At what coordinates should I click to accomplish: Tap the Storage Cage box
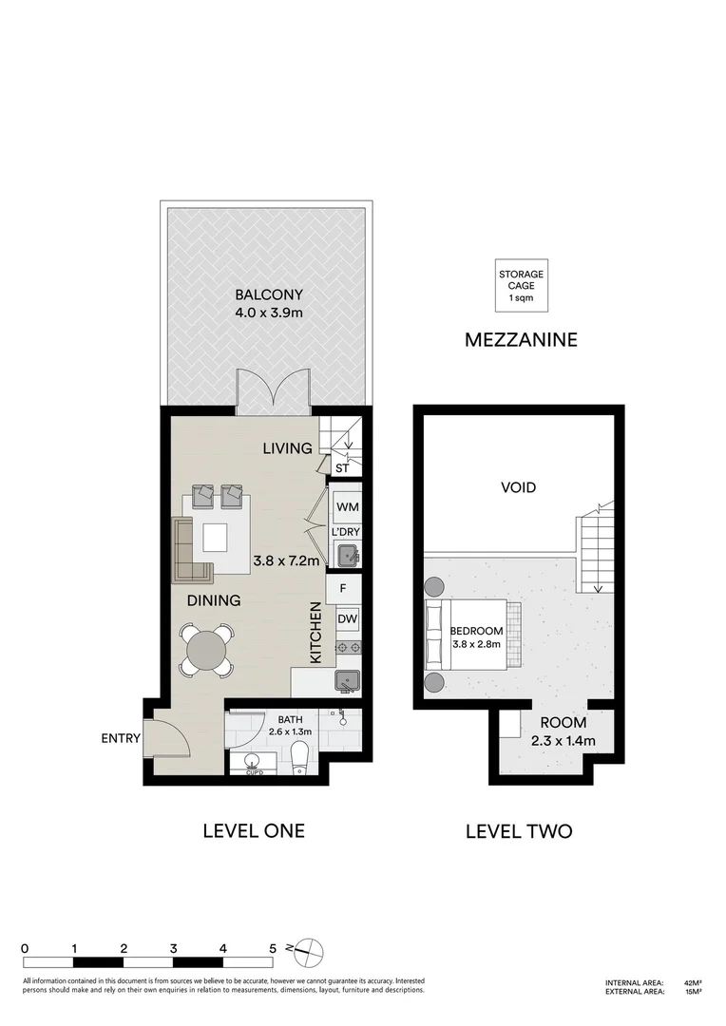pyautogui.click(x=522, y=286)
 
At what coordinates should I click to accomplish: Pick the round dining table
pyautogui.click(x=207, y=651)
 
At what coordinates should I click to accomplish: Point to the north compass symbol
pyautogui.click(x=311, y=947)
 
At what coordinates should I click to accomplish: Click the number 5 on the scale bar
pyautogui.click(x=273, y=948)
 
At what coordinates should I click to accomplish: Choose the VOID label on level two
pyautogui.click(x=519, y=487)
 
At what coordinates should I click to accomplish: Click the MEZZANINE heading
pyautogui.click(x=521, y=339)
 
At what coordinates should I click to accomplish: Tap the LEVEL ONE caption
pyautogui.click(x=254, y=830)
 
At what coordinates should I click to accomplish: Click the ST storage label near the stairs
pyautogui.click(x=342, y=467)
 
